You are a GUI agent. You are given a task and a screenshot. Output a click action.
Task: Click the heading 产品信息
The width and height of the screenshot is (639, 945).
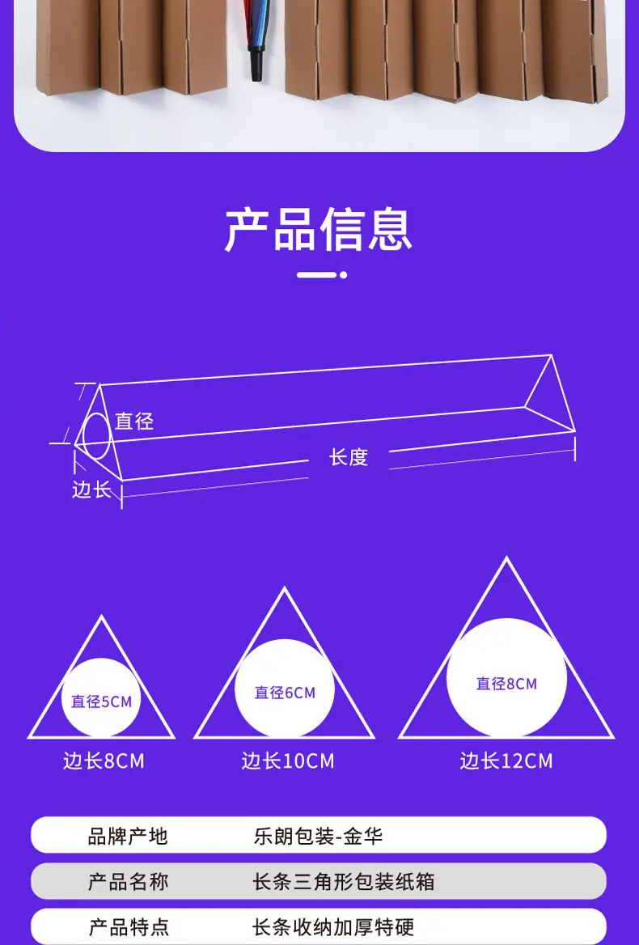point(319,231)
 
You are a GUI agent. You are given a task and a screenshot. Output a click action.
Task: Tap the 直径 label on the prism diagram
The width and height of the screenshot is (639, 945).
point(133,422)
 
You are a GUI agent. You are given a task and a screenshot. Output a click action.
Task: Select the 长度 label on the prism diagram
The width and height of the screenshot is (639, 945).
point(349,457)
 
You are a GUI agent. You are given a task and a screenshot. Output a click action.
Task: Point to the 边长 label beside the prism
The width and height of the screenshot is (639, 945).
point(91,489)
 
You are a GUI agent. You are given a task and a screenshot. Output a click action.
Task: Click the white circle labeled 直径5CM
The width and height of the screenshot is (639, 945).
point(101,697)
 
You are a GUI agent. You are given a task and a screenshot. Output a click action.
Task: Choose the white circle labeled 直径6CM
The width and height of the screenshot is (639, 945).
point(285,689)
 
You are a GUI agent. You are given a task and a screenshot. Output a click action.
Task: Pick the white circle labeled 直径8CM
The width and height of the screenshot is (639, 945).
point(506,678)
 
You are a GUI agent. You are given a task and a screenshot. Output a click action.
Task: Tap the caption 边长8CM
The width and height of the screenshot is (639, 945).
point(104,761)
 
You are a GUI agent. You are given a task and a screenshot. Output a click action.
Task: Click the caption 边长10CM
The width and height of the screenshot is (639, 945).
point(287,761)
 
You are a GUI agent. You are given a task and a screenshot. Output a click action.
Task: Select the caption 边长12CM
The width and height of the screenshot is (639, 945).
point(506,761)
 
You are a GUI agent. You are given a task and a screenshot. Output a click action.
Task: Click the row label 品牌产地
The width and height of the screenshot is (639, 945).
point(128,836)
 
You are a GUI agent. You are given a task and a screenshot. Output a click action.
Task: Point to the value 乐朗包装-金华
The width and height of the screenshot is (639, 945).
point(318,836)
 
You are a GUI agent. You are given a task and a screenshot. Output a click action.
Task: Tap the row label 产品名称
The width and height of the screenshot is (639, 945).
point(128,881)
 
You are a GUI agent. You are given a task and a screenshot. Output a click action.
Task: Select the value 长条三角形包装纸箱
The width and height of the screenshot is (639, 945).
point(344,881)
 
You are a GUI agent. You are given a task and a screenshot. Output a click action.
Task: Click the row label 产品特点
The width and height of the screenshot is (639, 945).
point(128,927)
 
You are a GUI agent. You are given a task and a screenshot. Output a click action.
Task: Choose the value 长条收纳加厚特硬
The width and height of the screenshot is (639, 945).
point(332,927)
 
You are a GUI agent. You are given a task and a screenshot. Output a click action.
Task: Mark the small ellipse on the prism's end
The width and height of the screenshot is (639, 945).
point(96,437)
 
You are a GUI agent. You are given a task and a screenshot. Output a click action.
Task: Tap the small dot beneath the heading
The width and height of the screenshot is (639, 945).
point(343,275)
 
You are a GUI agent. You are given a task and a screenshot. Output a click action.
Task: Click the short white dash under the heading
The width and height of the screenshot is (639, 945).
point(316,275)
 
